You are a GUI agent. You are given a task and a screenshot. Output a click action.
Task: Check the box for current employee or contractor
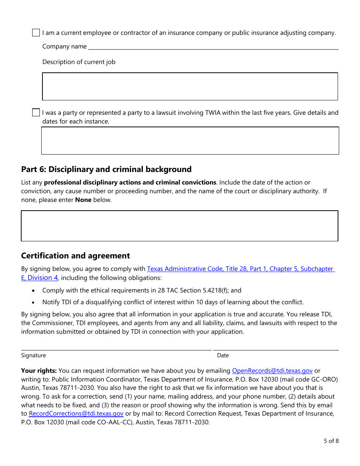[36, 33]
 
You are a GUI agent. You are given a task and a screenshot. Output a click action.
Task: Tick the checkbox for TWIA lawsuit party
[36, 113]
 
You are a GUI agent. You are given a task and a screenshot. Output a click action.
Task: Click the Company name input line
[213, 46]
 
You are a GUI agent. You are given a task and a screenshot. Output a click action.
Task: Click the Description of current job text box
[189, 86]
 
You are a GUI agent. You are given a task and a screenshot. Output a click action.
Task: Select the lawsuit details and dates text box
[190, 141]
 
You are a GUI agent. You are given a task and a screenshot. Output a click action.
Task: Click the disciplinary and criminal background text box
[179, 226]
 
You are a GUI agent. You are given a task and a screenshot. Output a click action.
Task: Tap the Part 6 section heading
[106, 169]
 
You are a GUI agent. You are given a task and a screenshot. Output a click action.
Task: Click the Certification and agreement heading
[75, 256]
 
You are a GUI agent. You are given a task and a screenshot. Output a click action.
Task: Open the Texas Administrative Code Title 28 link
[240, 269]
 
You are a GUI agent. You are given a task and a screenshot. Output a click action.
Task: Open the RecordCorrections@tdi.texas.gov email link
[76, 414]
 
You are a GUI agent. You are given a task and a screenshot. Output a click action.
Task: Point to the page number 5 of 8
[331, 441]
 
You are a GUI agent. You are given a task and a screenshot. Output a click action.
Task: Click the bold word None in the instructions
[83, 200]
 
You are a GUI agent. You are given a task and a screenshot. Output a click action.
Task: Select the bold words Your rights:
[39, 371]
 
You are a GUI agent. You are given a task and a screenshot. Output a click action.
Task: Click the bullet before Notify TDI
[34, 302]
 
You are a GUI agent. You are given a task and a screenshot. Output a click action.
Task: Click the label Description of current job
[79, 62]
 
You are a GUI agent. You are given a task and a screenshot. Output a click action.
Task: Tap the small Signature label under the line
[33, 355]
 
